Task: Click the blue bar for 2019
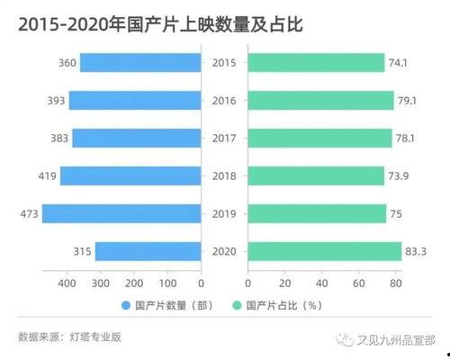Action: click(x=121, y=213)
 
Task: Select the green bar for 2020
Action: click(x=324, y=251)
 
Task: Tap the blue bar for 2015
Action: click(x=140, y=62)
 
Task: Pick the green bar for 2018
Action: click(x=316, y=175)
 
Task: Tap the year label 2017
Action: click(x=224, y=138)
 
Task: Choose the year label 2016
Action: click(x=224, y=100)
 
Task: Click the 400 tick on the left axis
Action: click(x=67, y=283)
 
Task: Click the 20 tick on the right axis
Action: click(x=285, y=283)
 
